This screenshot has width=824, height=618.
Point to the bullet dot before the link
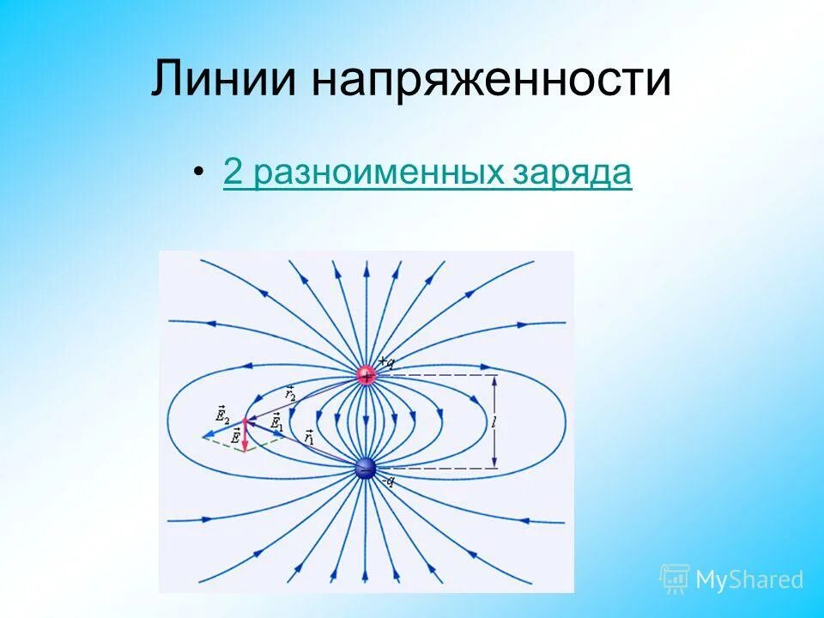click(x=199, y=173)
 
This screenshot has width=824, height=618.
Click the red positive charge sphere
click(x=367, y=376)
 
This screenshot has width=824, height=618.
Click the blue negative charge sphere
click(x=367, y=469)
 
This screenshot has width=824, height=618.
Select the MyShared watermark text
click(x=749, y=579)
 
